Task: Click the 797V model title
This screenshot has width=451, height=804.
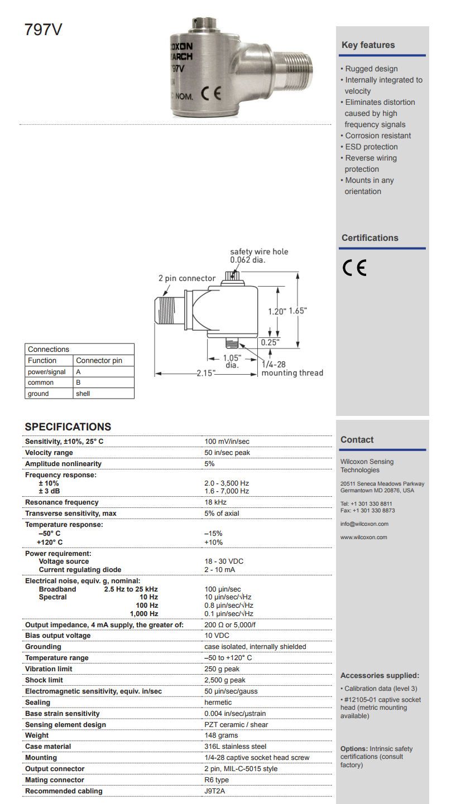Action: (x=43, y=30)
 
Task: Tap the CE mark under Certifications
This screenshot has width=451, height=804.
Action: (x=354, y=268)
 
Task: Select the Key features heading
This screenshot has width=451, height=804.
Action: (x=368, y=45)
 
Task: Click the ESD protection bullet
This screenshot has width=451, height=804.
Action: (x=371, y=147)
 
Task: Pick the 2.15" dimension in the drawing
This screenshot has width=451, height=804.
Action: (x=205, y=373)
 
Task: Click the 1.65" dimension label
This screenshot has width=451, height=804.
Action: (x=298, y=311)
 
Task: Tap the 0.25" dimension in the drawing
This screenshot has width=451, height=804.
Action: (x=270, y=342)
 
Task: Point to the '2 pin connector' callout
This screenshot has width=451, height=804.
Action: (x=186, y=278)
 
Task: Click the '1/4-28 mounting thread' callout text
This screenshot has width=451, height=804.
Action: (x=292, y=369)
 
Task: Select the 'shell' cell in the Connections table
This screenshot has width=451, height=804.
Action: (x=83, y=394)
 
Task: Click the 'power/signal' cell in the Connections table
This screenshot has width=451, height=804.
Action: (x=47, y=372)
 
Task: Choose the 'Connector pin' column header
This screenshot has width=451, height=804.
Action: (x=99, y=361)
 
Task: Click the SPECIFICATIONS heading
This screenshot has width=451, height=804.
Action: (x=68, y=427)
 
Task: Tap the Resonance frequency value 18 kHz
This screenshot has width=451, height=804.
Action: (x=214, y=502)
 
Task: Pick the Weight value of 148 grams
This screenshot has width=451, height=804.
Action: (x=220, y=735)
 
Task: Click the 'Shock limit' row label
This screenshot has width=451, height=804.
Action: (x=44, y=680)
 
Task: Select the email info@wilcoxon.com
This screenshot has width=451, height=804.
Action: (x=364, y=524)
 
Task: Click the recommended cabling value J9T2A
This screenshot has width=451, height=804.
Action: (x=215, y=791)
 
